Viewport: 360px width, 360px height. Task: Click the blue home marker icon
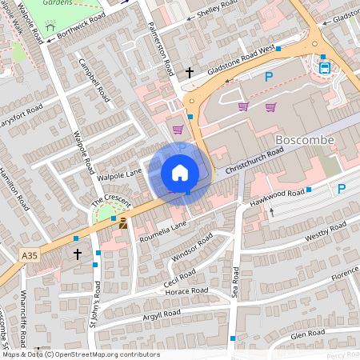point(180,173)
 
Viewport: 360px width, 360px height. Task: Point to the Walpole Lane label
point(118,171)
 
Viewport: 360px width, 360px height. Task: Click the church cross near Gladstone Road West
point(190,73)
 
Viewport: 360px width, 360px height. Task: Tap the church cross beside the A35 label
point(78,254)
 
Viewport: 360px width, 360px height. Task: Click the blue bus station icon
point(325,66)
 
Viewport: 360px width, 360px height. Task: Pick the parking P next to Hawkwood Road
point(342,189)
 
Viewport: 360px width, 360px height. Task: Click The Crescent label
point(104,198)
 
